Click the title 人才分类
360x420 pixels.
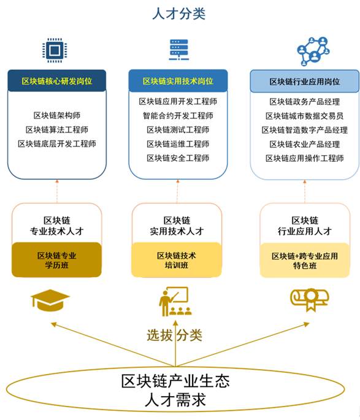pyautogui.click(x=178, y=13)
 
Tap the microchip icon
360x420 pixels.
pyautogui.click(x=55, y=50)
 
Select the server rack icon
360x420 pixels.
pyautogui.click(x=178, y=50)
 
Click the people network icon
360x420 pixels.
pyautogui.click(x=313, y=51)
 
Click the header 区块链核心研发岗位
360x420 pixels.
pyautogui.click(x=57, y=81)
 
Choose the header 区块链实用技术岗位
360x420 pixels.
pyautogui.click(x=178, y=81)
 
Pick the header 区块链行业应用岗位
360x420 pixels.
pyautogui.click(x=305, y=82)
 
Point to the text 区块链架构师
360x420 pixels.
pyautogui.click(x=57, y=115)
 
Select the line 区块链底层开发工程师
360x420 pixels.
pyautogui.click(x=57, y=144)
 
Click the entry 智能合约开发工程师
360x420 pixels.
pyautogui.click(x=178, y=116)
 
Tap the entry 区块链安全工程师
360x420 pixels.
pyautogui.click(x=178, y=158)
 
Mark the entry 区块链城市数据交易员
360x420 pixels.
pyautogui.click(x=305, y=116)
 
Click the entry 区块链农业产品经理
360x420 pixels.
pyautogui.click(x=305, y=144)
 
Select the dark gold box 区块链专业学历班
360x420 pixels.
pyautogui.click(x=56, y=260)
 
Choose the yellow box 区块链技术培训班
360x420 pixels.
pyautogui.click(x=176, y=260)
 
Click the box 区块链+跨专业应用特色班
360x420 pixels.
pyautogui.click(x=305, y=261)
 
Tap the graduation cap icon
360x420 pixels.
pyautogui.click(x=50, y=300)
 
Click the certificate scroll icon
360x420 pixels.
pyautogui.click(x=310, y=300)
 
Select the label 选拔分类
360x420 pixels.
pyautogui.click(x=174, y=335)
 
